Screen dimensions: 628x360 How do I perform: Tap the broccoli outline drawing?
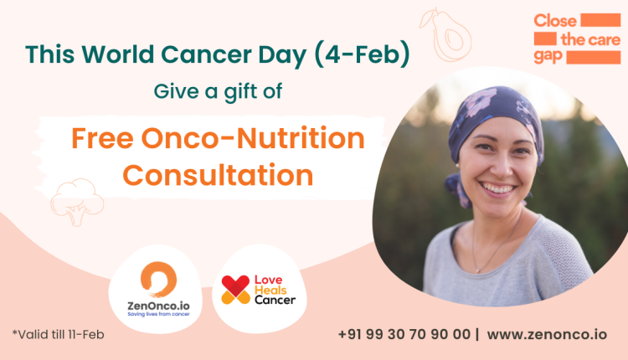pyautogui.click(x=77, y=202)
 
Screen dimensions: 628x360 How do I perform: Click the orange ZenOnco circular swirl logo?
pyautogui.click(x=158, y=279)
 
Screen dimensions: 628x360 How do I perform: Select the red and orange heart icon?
pyautogui.click(x=235, y=290)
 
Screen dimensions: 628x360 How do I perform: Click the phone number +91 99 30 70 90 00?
pyautogui.click(x=404, y=334)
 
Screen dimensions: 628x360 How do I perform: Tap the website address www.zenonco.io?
pyautogui.click(x=547, y=334)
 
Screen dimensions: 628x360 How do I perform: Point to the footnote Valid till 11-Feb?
pyautogui.click(x=59, y=334)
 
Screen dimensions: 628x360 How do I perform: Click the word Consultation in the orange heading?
pyautogui.click(x=218, y=175)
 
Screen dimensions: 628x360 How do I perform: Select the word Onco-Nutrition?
pyautogui.click(x=253, y=138)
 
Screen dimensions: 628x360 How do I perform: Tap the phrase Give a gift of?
pyautogui.click(x=218, y=92)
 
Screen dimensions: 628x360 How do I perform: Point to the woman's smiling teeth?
pyautogui.click(x=497, y=188)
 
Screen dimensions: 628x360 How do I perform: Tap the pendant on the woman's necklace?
pyautogui.click(x=477, y=270)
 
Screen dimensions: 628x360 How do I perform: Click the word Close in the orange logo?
pyautogui.click(x=555, y=21)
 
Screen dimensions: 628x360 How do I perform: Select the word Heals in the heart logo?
pyautogui.click(x=270, y=290)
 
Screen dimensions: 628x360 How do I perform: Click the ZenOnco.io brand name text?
pyautogui.click(x=158, y=306)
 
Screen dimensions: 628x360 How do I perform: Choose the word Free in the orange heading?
pyautogui.click(x=102, y=138)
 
